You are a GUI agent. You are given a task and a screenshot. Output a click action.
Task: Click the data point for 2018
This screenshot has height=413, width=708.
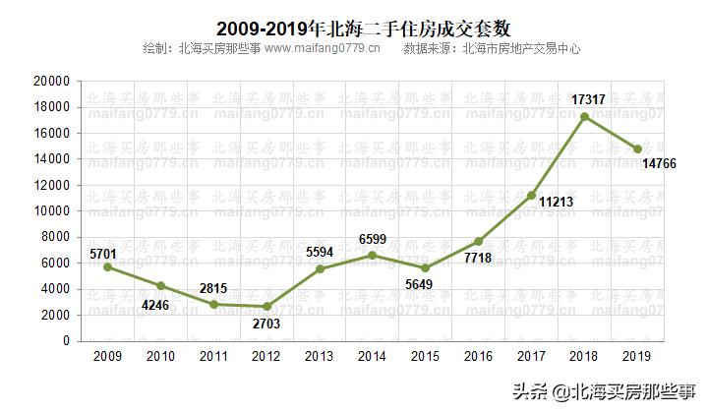point(585,117)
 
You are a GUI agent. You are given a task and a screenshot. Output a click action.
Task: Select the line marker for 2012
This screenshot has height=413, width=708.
point(266,307)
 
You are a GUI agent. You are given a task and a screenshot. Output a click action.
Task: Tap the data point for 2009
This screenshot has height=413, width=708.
point(107,267)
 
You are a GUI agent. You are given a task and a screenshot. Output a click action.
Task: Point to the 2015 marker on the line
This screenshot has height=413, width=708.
point(426,268)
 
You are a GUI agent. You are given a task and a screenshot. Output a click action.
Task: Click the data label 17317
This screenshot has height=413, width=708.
point(588,98)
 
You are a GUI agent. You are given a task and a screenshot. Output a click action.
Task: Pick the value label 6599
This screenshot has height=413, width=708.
point(373,239)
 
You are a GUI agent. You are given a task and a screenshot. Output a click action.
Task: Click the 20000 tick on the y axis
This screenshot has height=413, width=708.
point(51,82)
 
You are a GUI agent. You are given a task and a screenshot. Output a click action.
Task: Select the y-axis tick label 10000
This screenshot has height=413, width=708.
point(51,211)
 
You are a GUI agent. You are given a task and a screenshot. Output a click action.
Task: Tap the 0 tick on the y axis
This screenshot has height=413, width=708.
point(66,341)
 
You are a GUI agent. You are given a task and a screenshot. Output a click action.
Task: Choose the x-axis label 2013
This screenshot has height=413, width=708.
point(320,358)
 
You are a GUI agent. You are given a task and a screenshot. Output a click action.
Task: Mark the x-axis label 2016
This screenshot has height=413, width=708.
point(479,358)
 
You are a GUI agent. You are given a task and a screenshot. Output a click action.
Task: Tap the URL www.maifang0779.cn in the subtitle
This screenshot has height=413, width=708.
point(323,48)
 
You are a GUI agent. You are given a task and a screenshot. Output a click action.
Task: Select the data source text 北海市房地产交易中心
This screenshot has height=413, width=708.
point(520,48)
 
